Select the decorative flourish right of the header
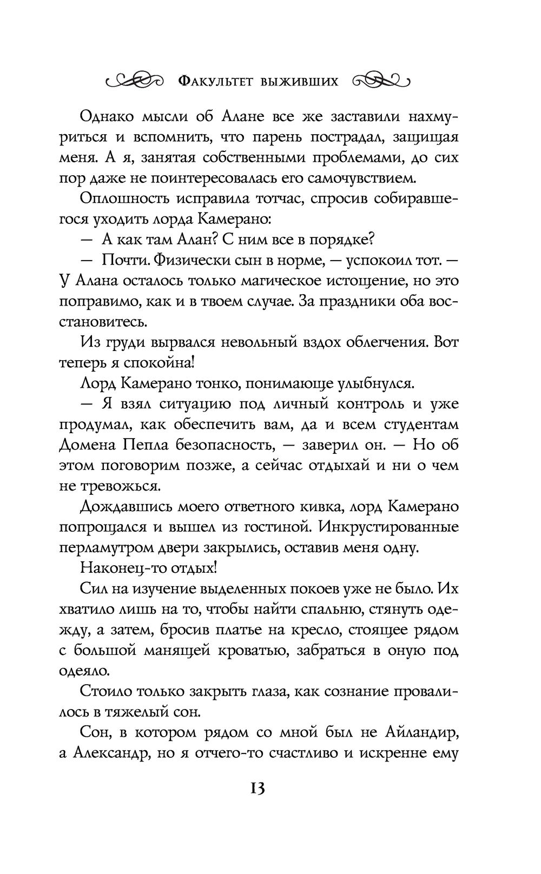tap(382, 81)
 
